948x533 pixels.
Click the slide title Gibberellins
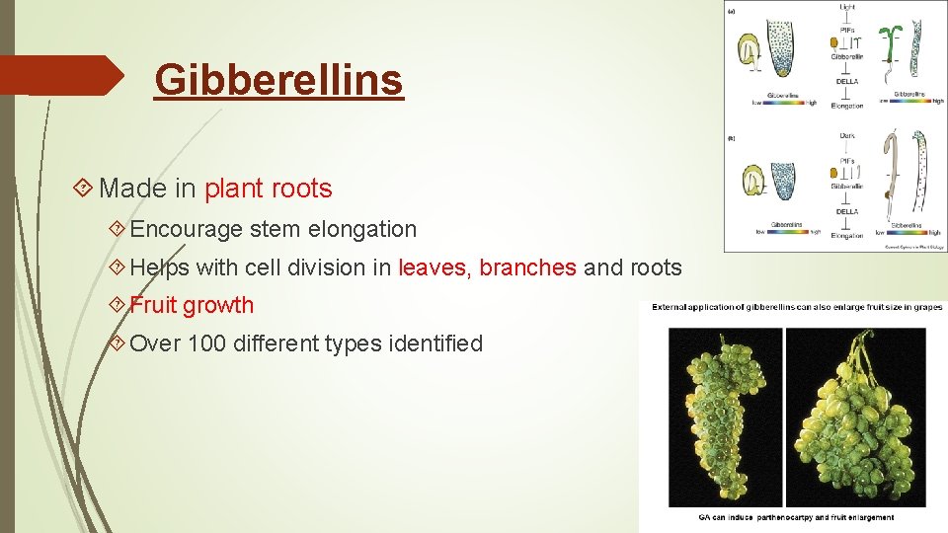[278, 80]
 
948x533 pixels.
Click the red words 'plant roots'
[268, 188]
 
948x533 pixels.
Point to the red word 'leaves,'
[435, 267]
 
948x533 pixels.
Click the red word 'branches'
[527, 267]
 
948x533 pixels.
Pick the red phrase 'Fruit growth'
[192, 306]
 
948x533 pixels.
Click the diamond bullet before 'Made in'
[85, 188]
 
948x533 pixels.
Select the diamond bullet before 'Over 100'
[118, 343]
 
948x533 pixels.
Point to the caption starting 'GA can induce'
[796, 517]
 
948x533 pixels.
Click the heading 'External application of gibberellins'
[796, 307]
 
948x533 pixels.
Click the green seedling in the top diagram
[893, 44]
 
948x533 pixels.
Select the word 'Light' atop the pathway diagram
[847, 8]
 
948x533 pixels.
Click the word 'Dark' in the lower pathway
[847, 135]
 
